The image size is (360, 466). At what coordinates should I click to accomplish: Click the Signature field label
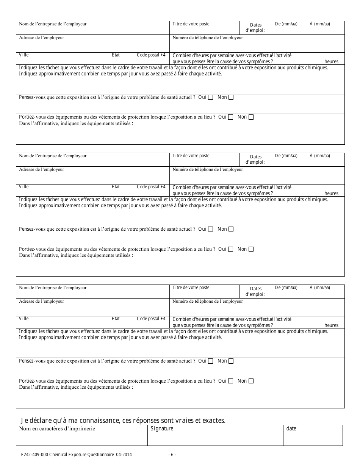(x=162, y=429)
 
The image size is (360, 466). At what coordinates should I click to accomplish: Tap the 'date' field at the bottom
(x=291, y=429)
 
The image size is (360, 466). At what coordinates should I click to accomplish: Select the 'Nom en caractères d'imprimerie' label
(x=57, y=429)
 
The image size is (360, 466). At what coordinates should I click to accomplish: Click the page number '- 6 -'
(x=172, y=455)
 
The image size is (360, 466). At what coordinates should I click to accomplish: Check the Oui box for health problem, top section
(x=211, y=97)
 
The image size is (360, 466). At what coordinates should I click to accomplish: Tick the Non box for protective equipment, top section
(x=251, y=117)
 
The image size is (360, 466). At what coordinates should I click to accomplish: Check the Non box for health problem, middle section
(x=231, y=229)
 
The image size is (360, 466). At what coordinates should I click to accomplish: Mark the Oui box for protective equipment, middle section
(x=231, y=249)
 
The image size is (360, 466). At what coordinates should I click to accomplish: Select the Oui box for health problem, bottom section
(x=211, y=361)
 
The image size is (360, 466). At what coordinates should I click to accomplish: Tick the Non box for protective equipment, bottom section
(x=251, y=381)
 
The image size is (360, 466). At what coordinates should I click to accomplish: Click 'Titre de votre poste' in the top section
(x=191, y=24)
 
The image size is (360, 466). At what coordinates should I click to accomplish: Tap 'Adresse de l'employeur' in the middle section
(x=41, y=169)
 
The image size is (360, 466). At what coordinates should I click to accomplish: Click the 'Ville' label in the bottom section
(x=23, y=319)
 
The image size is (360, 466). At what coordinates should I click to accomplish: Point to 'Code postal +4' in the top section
(x=151, y=55)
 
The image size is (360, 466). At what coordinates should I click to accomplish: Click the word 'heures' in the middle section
(x=331, y=193)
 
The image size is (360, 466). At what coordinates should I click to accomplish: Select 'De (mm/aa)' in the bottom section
(x=286, y=288)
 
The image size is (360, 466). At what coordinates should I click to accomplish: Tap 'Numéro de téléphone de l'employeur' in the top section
(x=208, y=38)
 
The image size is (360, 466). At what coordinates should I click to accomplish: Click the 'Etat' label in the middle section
(x=116, y=187)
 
